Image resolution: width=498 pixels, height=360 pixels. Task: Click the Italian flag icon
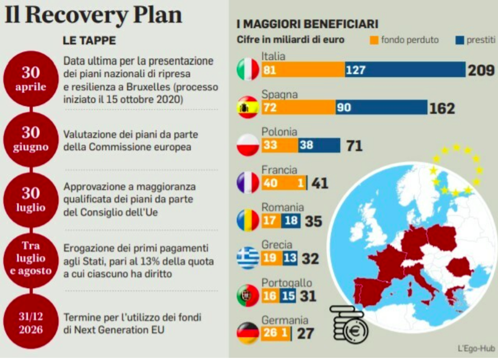[248, 69]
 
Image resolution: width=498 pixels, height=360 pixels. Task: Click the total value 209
[481, 70]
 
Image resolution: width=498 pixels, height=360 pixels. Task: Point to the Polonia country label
[279, 132]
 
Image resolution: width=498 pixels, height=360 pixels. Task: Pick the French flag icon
[248, 183]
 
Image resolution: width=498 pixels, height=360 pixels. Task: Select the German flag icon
[248, 333]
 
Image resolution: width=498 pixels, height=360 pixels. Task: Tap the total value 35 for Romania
[313, 221]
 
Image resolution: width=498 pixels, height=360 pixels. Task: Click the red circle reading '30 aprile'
[30, 79]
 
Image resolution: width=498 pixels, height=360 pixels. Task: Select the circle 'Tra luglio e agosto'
[30, 258]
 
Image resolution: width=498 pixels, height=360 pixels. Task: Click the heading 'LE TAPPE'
[89, 40]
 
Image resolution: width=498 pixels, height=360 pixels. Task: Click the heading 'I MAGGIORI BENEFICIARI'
[308, 24]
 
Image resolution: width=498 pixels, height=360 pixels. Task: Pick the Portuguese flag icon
[248, 296]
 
